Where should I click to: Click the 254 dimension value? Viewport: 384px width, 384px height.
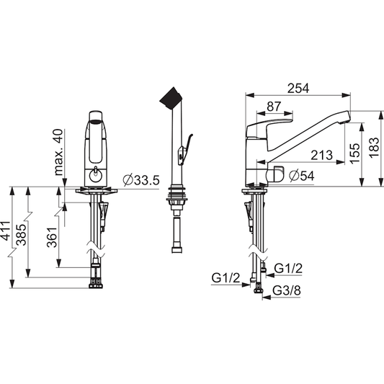point(298,88)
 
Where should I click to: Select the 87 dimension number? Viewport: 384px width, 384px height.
point(274,107)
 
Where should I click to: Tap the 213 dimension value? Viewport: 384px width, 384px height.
point(322,155)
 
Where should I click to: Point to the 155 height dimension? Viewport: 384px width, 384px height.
point(355,153)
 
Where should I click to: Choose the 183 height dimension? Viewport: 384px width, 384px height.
point(374,148)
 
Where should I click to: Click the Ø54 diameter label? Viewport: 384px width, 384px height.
point(301,176)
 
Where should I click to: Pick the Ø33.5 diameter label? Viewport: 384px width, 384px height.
point(141,180)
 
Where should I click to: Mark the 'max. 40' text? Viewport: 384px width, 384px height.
point(58,152)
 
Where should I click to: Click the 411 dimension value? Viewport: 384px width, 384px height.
point(5,231)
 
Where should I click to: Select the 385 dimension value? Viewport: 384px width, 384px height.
point(21,235)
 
